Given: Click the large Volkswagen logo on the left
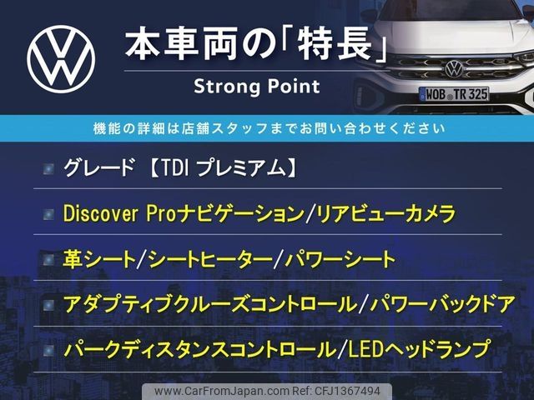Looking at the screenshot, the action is coord(61,59).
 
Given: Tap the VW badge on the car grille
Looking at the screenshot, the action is coord(454,68).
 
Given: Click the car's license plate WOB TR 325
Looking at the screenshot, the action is coord(454,94).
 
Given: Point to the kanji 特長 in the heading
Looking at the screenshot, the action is coord(335,44).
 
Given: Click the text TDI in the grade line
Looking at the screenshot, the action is coord(174,168).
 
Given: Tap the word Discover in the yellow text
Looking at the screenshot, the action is coord(100,213).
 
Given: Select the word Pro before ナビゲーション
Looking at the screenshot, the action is coord(161,213).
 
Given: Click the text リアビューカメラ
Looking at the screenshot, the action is coord(385,214).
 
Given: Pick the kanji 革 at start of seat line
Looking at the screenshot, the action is coord(73,259).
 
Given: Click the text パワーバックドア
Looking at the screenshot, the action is coord(442,304).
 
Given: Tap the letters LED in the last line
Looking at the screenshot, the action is coord(361,349).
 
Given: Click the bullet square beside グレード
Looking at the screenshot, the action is coord(48,168).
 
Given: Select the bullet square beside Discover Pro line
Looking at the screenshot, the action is coord(48,214).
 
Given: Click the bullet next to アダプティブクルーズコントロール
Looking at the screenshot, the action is coord(48,305).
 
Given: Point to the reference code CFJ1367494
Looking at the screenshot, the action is coord(348,391).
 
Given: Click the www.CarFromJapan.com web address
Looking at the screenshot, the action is coord(222,391).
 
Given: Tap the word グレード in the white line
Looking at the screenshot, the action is coord(98,168).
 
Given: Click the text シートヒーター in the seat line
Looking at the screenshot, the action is coord(211,259).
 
